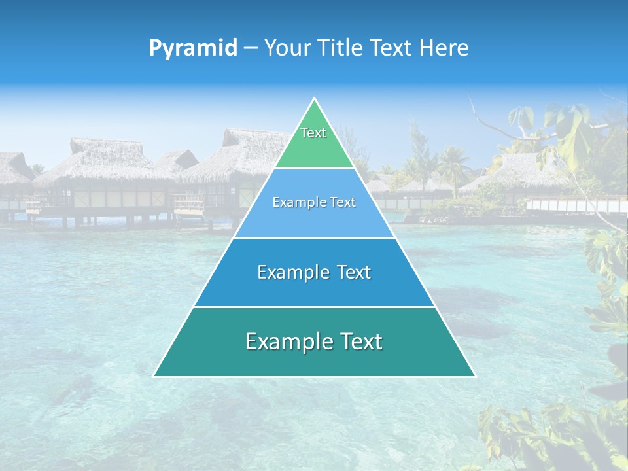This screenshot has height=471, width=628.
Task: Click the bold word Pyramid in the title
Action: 193,48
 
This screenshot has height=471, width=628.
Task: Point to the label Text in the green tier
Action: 313,133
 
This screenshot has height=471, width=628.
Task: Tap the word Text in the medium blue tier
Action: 353,272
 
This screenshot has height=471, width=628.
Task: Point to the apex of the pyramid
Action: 314,99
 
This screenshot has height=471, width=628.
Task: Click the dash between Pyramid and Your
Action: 251,48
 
